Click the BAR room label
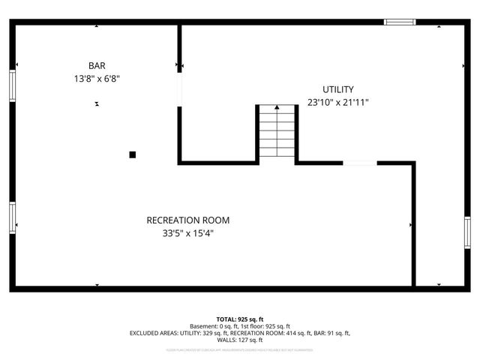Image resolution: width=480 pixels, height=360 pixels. [96, 65]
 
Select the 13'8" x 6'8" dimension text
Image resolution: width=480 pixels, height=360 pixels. [96, 77]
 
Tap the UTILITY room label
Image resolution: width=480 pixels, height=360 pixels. [337, 89]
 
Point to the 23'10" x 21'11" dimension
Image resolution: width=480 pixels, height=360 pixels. [337, 102]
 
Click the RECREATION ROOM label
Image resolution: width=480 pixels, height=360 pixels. [187, 220]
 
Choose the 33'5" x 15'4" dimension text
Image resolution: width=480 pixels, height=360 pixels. [187, 232]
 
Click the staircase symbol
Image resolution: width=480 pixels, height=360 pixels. [277, 133]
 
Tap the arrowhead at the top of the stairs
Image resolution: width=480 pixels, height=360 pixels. [277, 108]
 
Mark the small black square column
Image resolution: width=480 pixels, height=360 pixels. [133, 154]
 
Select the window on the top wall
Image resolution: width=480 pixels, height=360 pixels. [400, 22]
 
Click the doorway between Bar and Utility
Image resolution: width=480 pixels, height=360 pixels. [179, 88]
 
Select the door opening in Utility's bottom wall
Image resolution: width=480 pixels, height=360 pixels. [360, 162]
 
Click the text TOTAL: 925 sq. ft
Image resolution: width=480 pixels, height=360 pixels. [239, 319]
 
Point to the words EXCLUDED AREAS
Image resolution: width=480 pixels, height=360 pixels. [154, 333]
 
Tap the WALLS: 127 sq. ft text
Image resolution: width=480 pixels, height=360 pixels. [239, 340]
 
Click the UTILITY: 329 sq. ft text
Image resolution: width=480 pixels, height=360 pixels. [204, 333]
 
